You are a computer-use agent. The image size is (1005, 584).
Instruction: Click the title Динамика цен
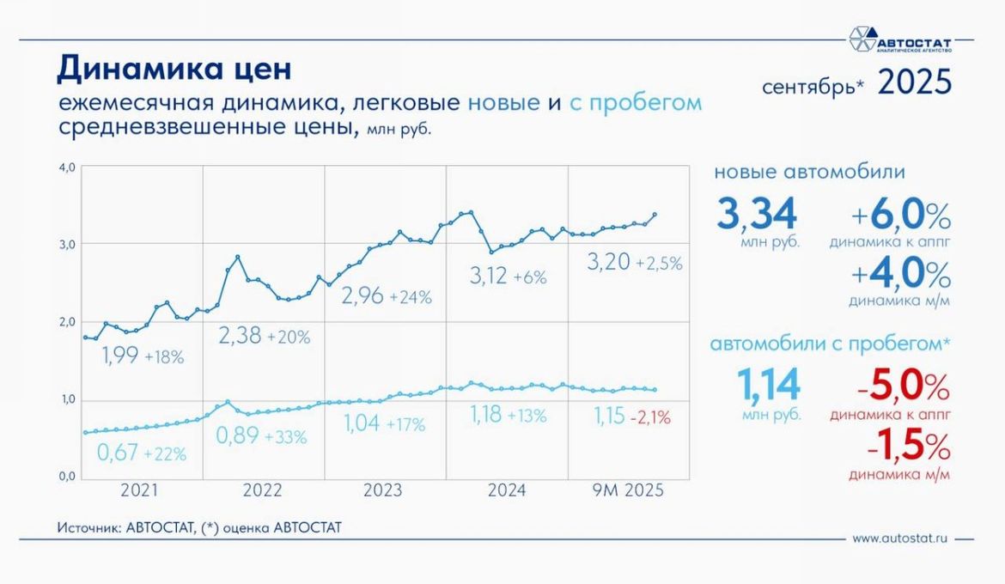tap(174, 69)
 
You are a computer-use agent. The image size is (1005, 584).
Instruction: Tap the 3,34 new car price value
tap(757, 215)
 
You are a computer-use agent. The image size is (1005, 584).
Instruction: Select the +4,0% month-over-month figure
tap(899, 276)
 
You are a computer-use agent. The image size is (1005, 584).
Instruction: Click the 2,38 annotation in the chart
tap(240, 337)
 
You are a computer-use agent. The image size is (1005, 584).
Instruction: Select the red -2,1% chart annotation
tap(650, 418)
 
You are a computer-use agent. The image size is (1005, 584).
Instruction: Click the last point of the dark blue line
tap(655, 215)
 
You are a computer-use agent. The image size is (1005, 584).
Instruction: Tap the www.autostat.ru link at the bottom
tap(899, 539)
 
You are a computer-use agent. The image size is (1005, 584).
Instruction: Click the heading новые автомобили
tap(809, 172)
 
